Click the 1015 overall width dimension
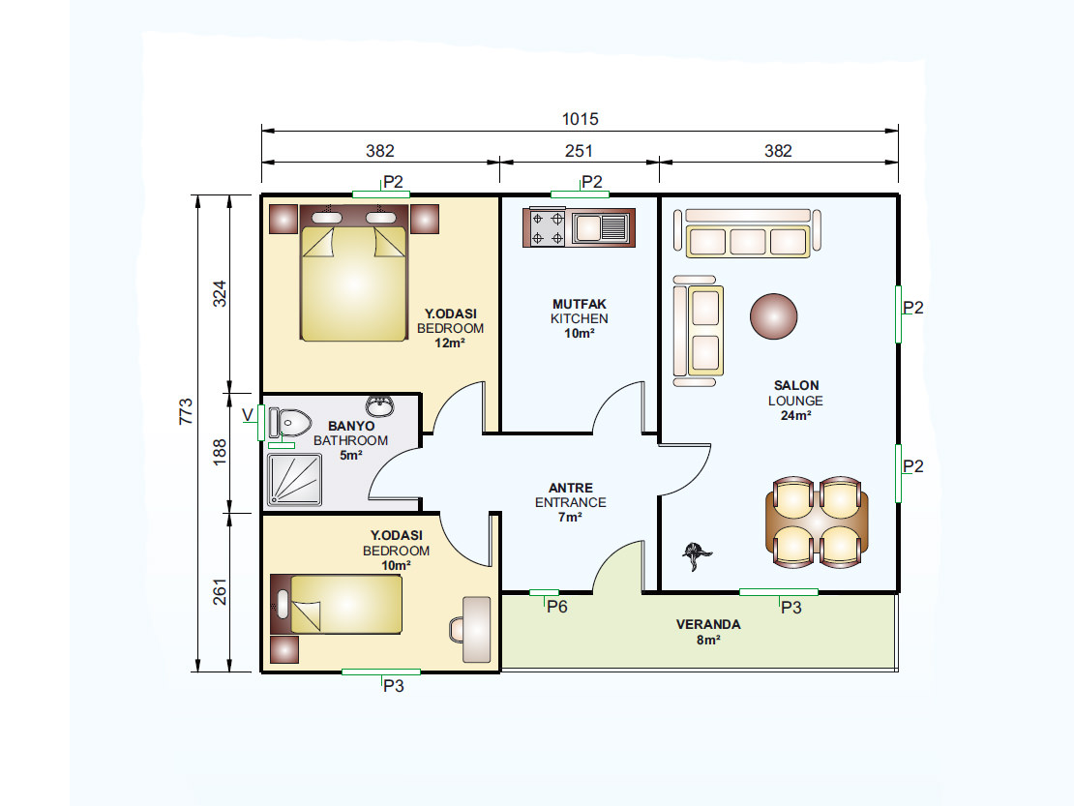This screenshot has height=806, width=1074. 581,119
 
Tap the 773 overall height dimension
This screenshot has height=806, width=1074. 187,411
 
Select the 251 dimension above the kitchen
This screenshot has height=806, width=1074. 579,151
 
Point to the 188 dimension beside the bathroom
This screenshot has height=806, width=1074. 220,452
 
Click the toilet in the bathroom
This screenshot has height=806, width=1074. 289,423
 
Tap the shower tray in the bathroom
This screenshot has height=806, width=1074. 294,479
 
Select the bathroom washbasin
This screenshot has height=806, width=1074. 379,405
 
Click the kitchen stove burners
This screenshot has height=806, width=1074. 548,228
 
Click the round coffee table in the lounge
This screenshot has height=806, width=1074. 773,316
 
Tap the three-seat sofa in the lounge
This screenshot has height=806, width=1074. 747,233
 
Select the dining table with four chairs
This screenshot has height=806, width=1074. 817,522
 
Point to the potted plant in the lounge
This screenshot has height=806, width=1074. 698,554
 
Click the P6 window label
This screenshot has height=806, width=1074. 557,607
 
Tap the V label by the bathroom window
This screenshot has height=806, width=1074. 248,415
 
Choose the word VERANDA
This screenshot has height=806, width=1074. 708,624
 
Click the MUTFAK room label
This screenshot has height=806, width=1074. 580,304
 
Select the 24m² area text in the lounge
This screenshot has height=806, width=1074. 796,416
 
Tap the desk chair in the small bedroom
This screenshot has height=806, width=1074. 458,629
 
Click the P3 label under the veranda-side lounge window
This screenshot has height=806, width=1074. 791,608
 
